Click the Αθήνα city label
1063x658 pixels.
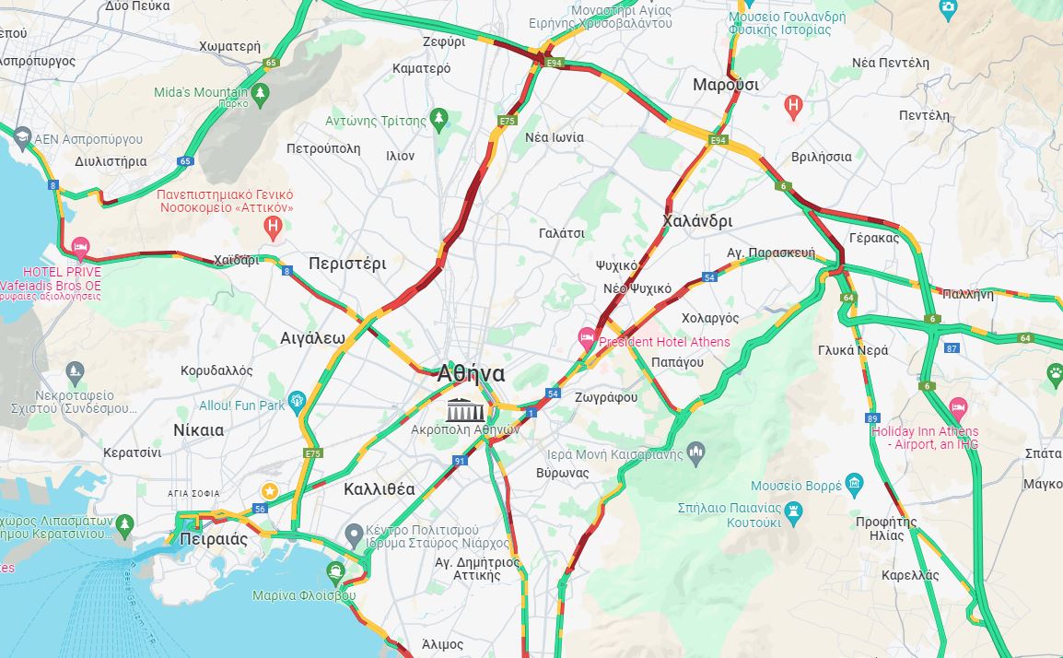471,373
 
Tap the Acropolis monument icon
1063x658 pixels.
461,409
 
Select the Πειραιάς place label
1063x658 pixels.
214,539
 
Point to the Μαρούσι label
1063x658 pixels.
726,85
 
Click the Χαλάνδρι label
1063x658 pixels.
697,221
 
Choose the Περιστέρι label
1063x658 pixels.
347,263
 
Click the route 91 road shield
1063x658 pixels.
460,460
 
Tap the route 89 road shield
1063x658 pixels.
872,418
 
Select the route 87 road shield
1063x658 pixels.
952,347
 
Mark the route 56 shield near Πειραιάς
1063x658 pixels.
260,509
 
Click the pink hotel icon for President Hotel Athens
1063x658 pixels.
586,337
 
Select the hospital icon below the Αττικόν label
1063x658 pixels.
272,225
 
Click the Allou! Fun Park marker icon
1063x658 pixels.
297,400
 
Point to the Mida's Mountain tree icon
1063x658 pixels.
260,92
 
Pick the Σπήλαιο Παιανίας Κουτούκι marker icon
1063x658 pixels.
793,509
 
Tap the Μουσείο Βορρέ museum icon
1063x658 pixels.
854,484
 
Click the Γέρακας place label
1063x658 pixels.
873,238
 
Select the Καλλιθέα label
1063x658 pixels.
380,488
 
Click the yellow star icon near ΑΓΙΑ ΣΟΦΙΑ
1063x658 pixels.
269,490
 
